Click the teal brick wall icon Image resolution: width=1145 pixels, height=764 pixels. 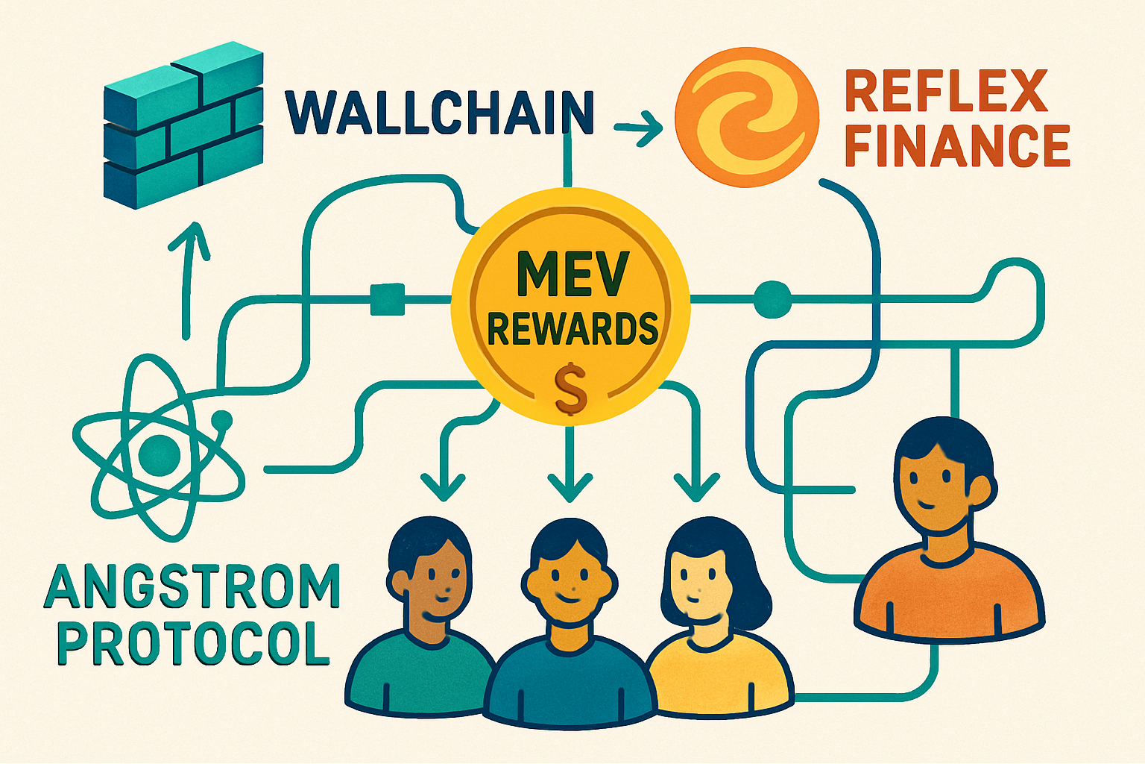point(183,127)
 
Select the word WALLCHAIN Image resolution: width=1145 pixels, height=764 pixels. point(440,113)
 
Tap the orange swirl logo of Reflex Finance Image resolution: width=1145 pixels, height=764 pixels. point(747,117)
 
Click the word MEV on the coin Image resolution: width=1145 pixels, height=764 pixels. point(572,274)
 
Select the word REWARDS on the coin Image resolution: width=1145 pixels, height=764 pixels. point(572,328)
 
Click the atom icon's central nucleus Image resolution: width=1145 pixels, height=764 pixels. point(160,451)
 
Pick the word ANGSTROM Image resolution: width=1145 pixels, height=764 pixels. point(192,587)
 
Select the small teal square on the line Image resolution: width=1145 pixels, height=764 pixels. point(387,299)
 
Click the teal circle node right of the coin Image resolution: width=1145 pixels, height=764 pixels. point(772,299)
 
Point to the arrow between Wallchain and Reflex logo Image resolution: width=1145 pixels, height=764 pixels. point(639,128)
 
